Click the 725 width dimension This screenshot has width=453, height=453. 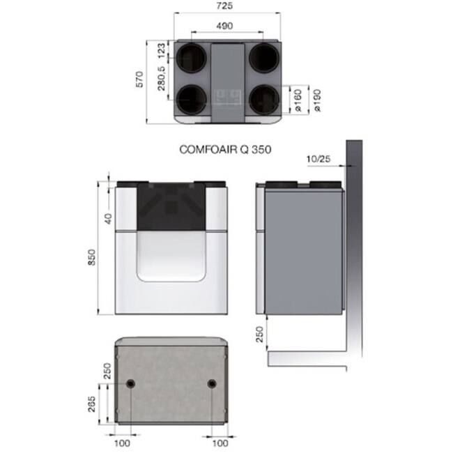[227, 6]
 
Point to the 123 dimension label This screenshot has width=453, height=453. [160, 50]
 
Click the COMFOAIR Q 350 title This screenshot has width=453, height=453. [225, 149]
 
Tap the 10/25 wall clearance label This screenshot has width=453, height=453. [318, 159]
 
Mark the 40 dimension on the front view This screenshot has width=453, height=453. [109, 217]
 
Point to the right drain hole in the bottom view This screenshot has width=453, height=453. [210, 384]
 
